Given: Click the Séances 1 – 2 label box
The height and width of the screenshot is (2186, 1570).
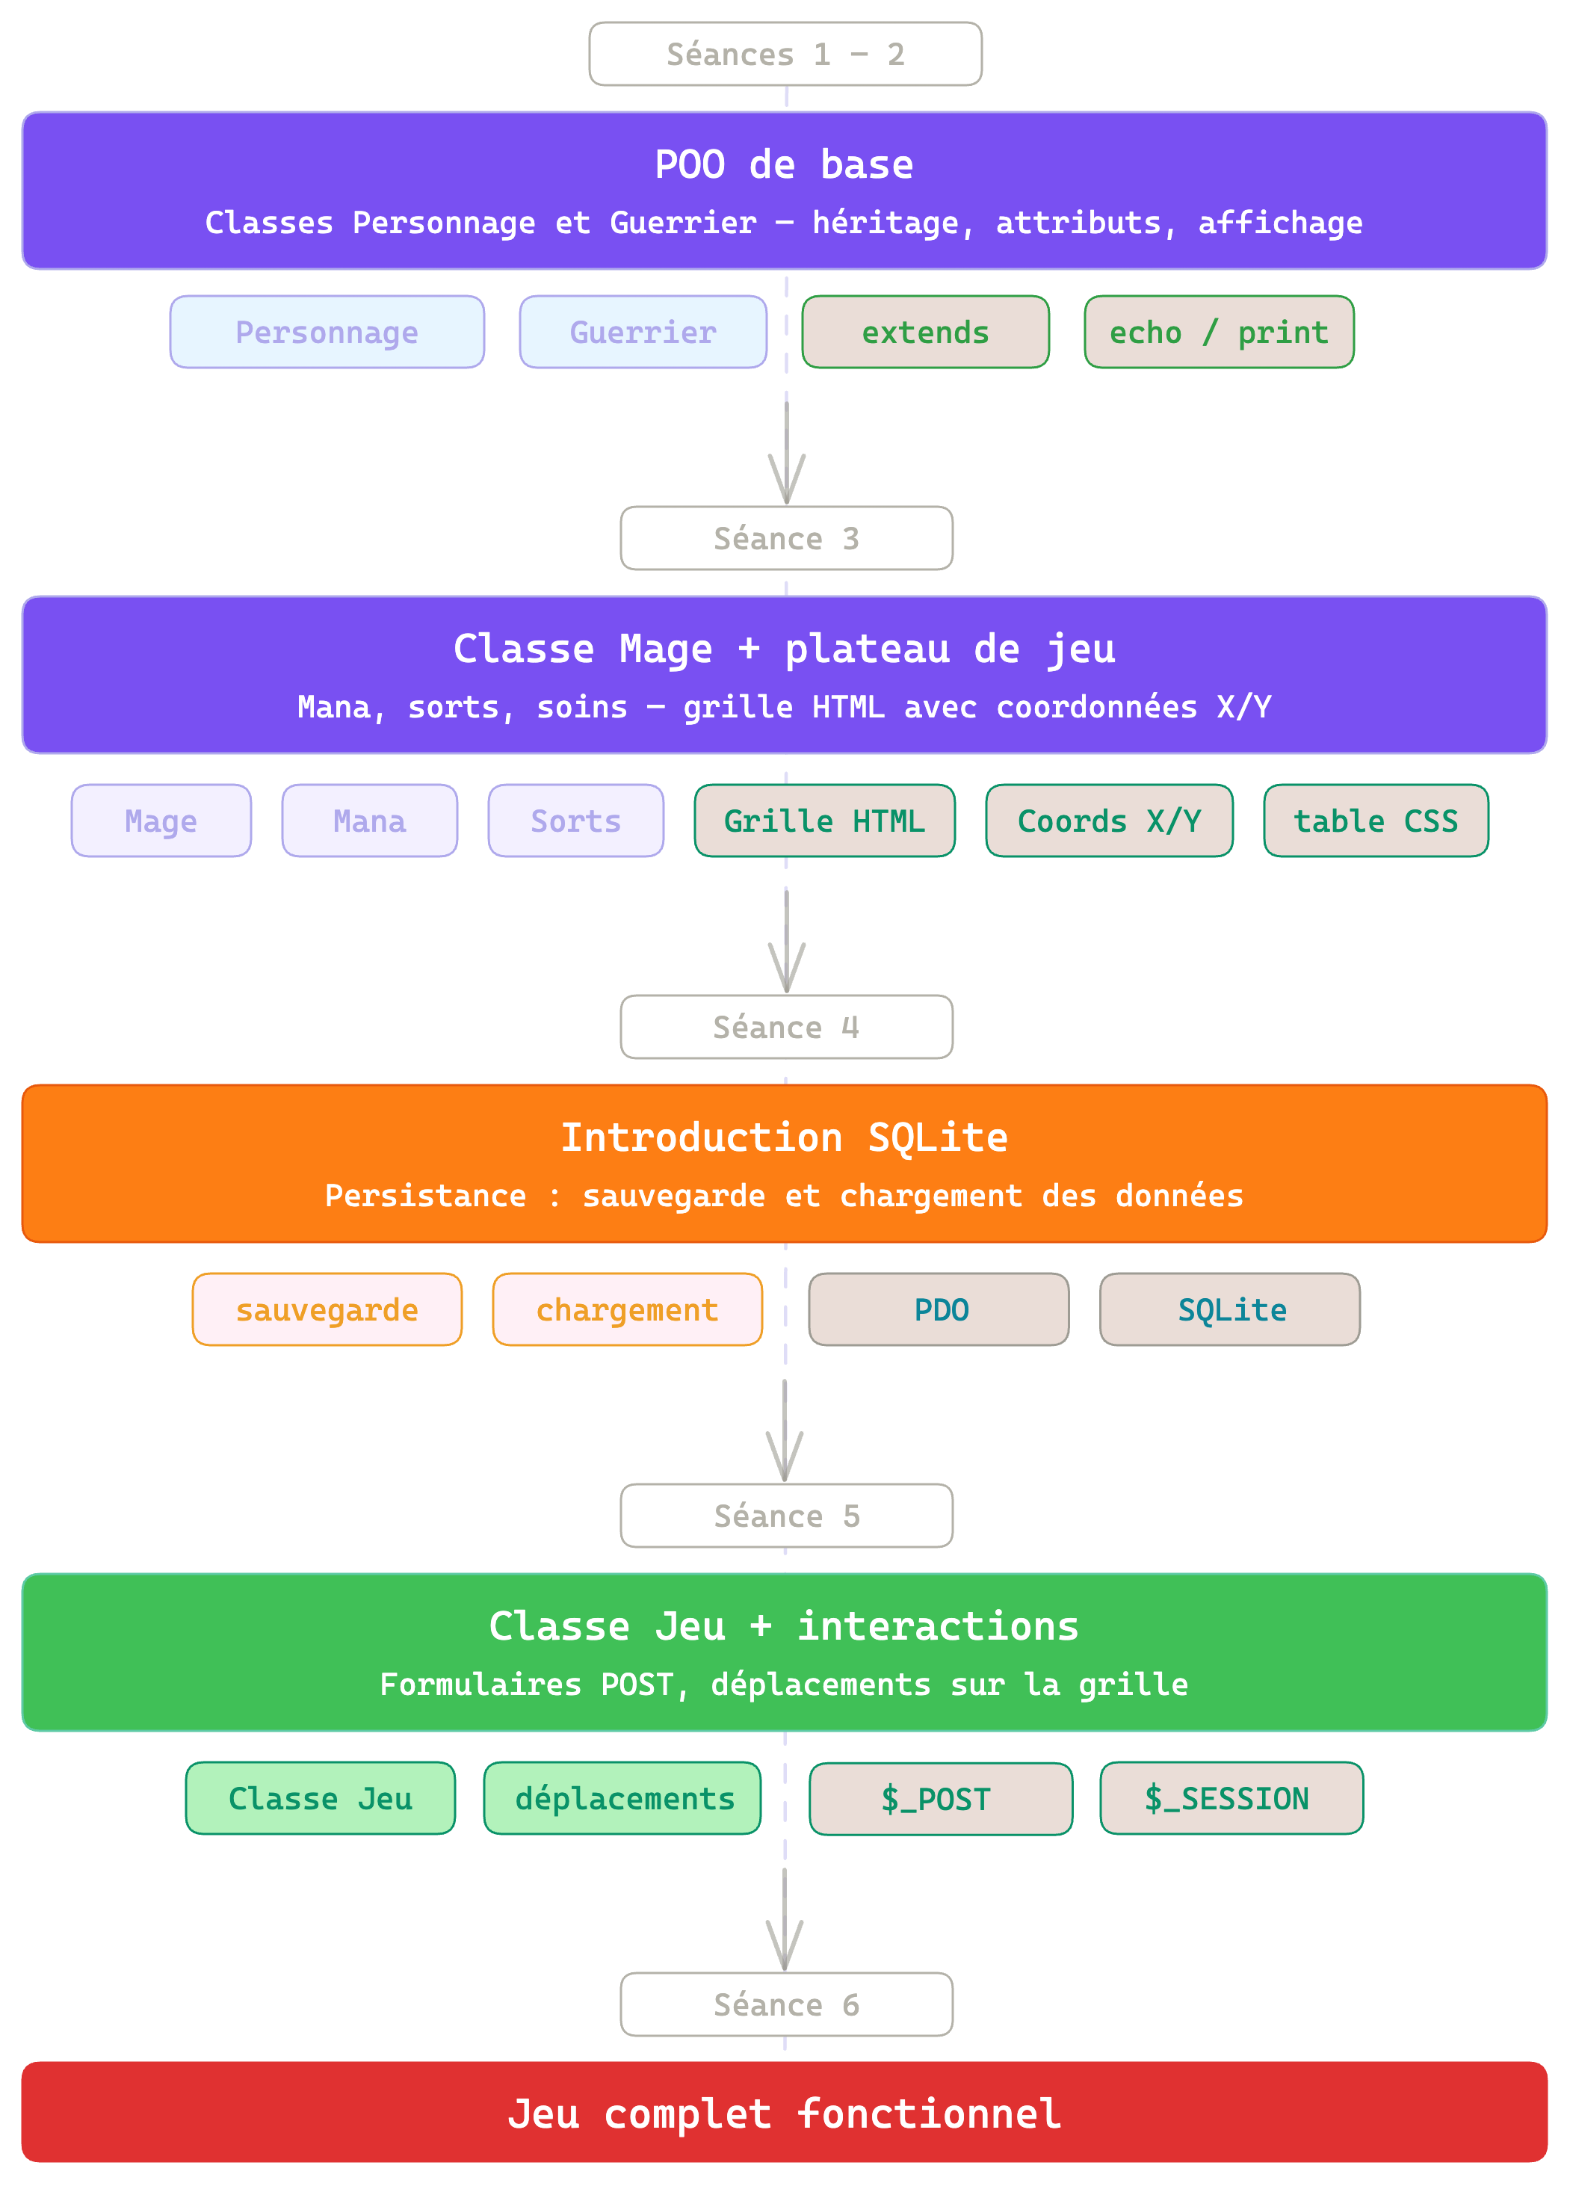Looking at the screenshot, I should tap(785, 54).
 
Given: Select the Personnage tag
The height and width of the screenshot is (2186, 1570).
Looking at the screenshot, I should tap(327, 332).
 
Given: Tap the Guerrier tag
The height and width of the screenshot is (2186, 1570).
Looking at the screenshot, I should tap(643, 332).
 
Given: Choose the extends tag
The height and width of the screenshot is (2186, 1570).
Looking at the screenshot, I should tap(925, 332).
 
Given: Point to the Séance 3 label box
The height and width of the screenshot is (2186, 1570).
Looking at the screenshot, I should tap(785, 538).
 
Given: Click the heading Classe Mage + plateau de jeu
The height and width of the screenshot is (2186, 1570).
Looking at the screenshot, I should tap(785, 649).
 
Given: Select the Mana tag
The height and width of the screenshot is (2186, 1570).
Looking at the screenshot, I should tap(369, 821).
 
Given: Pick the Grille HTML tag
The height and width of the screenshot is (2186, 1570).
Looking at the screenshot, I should tap(824, 821).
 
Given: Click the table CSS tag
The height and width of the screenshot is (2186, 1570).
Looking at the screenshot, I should tap(1375, 821).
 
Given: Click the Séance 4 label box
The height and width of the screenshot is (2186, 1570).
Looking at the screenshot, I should tap(785, 1027).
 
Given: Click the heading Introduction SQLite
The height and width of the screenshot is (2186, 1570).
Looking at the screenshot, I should tap(785, 1137).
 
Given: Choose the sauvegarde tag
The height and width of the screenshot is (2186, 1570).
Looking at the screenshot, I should tap(327, 1309).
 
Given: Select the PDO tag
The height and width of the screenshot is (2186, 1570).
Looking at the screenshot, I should tap(939, 1309).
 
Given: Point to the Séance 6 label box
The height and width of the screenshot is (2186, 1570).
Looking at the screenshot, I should tap(785, 2004).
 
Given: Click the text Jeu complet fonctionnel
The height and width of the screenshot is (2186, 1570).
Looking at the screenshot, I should tap(785, 2114).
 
